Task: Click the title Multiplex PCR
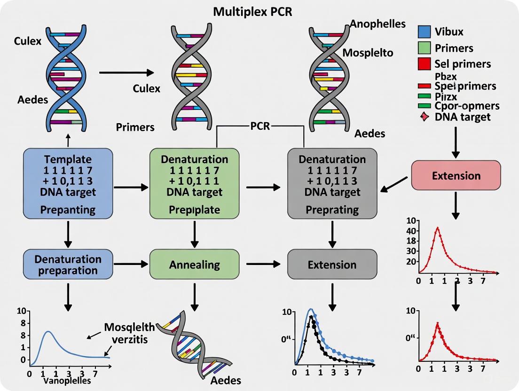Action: [x=252, y=11]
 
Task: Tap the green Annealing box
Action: [x=195, y=264]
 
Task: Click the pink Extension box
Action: [x=456, y=176]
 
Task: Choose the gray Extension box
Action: [x=332, y=265]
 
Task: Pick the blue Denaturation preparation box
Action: [x=68, y=265]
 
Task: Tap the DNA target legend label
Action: [x=463, y=117]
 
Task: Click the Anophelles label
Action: [x=377, y=24]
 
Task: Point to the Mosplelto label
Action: [x=368, y=52]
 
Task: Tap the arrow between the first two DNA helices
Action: [x=127, y=72]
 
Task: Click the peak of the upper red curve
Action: [x=438, y=228]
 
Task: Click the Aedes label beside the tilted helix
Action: [x=226, y=380]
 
